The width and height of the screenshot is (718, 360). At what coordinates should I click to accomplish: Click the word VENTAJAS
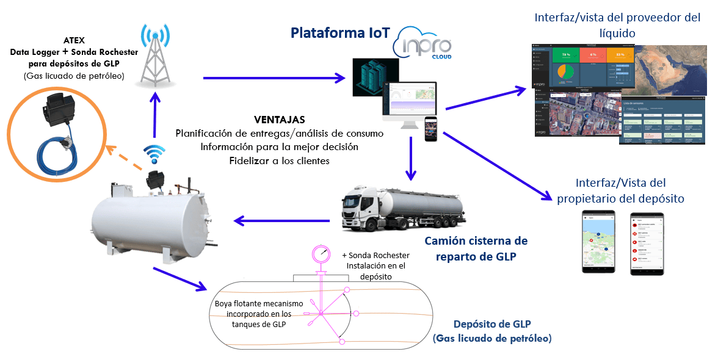pos(279,119)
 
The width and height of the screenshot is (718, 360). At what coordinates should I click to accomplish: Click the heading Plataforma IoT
pos(340,32)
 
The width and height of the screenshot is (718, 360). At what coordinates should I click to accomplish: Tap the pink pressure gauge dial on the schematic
pos(321,254)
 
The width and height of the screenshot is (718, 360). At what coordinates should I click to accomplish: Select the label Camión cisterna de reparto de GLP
pos(482,248)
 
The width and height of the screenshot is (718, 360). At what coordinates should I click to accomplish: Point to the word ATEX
pos(74,40)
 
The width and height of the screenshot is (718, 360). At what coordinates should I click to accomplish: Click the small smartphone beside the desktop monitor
pos(431,128)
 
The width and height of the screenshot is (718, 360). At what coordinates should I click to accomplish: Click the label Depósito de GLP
pos(491,325)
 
